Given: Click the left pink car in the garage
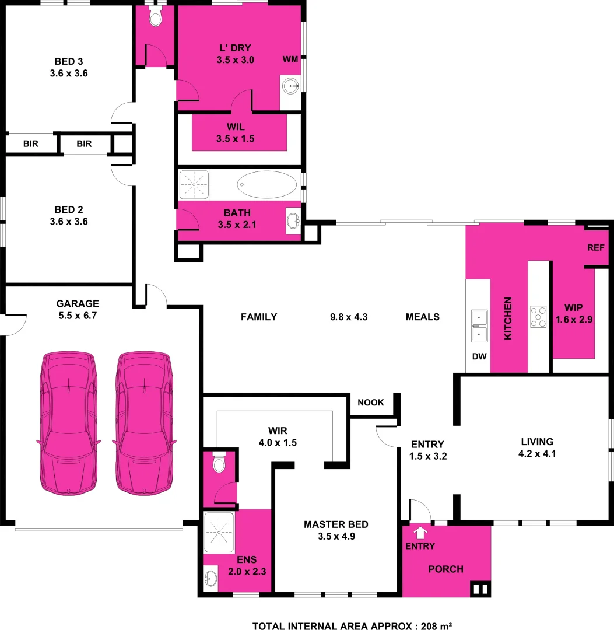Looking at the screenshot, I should point(68,424).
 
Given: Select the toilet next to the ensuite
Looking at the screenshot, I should point(219,463).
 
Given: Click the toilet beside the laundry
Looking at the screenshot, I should point(155,18).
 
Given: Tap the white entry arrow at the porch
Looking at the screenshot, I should point(419,532).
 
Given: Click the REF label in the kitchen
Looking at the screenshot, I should point(596,247).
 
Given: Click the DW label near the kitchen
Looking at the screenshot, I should point(479,356).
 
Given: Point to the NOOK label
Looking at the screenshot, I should point(371,402).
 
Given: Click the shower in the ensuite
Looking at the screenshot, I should point(219,533).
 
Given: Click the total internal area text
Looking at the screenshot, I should point(352,626).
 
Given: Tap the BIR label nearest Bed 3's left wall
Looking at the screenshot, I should point(31,143).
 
